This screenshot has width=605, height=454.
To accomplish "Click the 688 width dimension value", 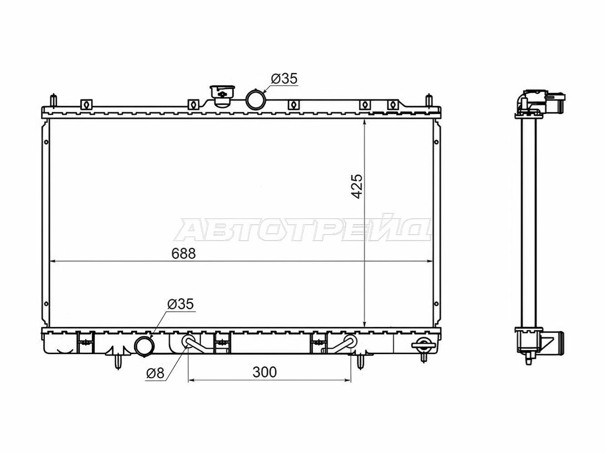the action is tap(183, 254).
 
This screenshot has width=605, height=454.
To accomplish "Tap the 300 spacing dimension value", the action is tap(265, 372).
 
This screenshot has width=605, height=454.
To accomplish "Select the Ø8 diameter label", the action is tap(155, 373).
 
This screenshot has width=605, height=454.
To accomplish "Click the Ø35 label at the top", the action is tap(284, 79).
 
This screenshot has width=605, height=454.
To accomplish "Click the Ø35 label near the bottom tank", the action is tap(181, 304).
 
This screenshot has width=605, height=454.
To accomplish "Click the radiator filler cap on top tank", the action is tap(222, 96).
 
